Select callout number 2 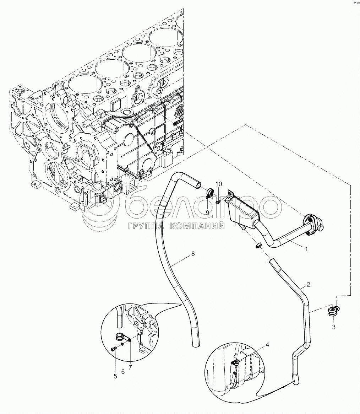(309, 284)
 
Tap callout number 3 (333, 327)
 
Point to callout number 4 (267, 344)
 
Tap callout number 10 (219, 184)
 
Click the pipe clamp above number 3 (332, 311)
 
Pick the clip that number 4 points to (235, 363)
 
